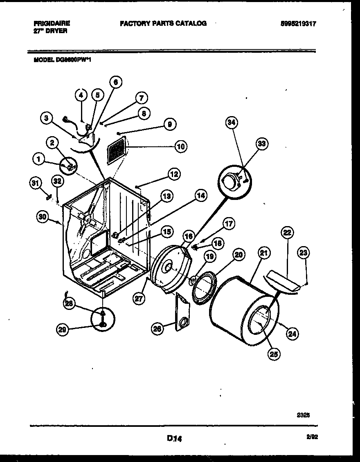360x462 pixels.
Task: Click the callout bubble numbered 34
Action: pyautogui.click(x=232, y=123)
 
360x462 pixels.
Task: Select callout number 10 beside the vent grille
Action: pyautogui.click(x=180, y=146)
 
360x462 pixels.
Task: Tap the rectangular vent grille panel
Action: pyautogui.click(x=117, y=151)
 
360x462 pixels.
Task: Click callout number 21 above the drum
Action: pyautogui.click(x=264, y=253)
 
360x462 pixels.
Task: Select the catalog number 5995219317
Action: pyautogui.click(x=298, y=24)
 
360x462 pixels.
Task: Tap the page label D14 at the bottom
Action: pyautogui.click(x=174, y=439)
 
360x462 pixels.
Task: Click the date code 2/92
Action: pyautogui.click(x=313, y=437)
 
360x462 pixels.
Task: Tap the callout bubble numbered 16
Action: pyautogui.click(x=188, y=236)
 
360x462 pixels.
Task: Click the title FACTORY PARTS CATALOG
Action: pyautogui.click(x=163, y=24)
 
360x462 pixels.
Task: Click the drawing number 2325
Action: pyautogui.click(x=303, y=414)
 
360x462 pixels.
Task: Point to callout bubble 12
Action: pyautogui.click(x=174, y=175)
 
